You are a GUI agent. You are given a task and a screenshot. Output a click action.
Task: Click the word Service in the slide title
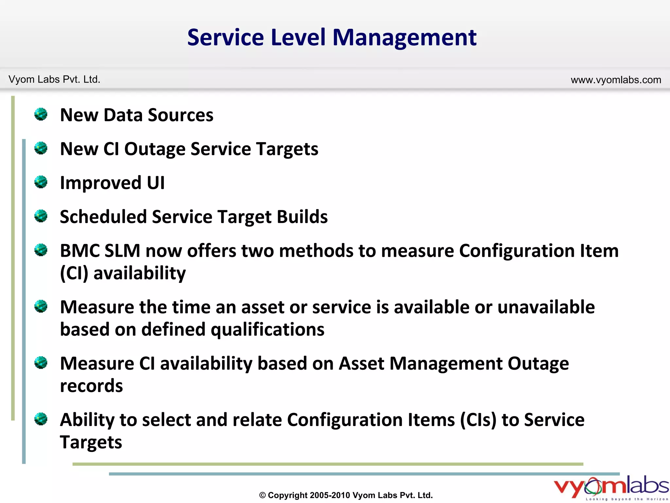225,38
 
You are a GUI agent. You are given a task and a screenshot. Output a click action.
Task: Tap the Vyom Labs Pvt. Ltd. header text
54,80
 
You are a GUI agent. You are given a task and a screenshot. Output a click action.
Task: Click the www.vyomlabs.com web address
616,80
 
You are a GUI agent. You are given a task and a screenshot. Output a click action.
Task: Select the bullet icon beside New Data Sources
41,114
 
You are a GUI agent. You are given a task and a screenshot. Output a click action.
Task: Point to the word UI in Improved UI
156,183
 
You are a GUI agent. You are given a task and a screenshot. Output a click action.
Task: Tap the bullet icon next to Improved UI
41,182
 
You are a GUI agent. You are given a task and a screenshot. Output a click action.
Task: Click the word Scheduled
103,217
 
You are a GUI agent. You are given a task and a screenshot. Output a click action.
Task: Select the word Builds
302,217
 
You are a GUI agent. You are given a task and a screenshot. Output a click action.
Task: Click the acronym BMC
80,251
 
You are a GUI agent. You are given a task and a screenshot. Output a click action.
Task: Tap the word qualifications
267,330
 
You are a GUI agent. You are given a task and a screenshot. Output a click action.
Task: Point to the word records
91,386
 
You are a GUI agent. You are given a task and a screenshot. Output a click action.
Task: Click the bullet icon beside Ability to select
41,419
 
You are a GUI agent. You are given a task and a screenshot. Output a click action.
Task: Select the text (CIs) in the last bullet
478,420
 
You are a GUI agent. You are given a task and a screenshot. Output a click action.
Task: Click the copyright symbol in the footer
262,495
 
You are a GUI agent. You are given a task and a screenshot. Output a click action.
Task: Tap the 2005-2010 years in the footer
330,495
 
